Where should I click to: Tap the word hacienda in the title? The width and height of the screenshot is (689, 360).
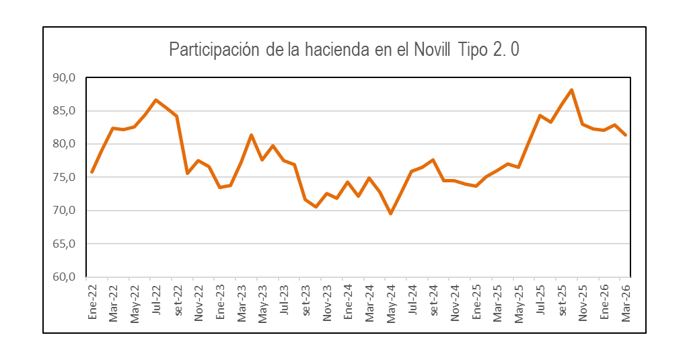coord(334,50)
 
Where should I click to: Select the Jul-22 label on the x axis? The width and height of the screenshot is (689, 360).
coord(156,302)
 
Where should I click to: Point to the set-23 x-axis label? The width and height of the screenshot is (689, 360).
coord(305,302)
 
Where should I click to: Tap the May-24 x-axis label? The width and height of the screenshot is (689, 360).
coord(391,303)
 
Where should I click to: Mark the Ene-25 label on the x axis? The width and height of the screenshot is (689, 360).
coord(476,303)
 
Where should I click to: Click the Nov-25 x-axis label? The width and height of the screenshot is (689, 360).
coord(583,303)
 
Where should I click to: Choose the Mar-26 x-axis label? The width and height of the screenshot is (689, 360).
coord(626,303)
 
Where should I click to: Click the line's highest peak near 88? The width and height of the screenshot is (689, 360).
coord(571,90)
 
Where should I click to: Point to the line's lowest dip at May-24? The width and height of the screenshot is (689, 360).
coord(390,214)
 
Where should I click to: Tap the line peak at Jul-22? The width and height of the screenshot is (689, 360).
coord(156,100)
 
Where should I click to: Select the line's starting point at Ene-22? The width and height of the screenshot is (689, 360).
coord(92,172)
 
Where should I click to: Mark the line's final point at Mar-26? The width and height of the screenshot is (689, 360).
coord(626,135)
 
